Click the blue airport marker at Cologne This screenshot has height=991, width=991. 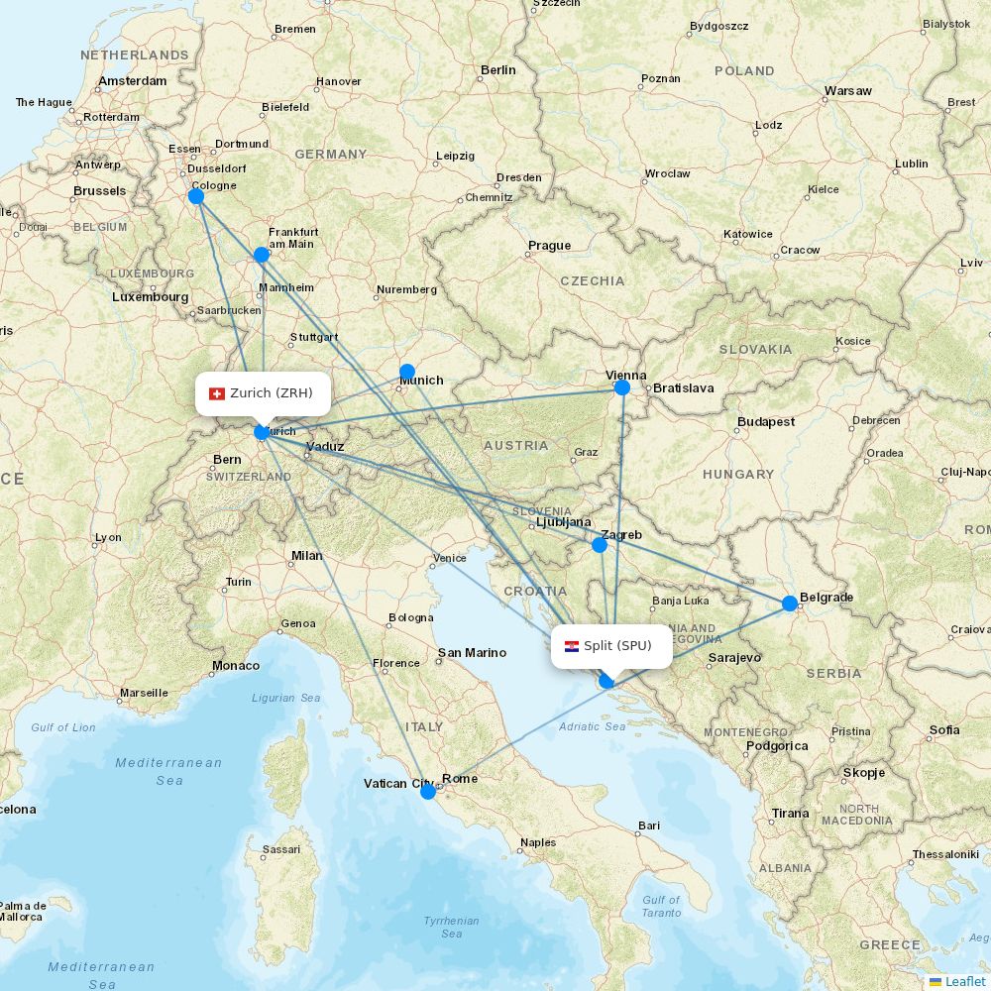click(x=196, y=196)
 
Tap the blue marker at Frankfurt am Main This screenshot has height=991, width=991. click(x=262, y=255)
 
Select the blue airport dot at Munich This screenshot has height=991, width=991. click(x=407, y=372)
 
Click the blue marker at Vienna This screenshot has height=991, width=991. click(x=622, y=387)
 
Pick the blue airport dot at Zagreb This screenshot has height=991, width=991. click(x=600, y=545)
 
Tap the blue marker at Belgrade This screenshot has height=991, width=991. click(x=790, y=604)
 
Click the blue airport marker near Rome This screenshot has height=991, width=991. click(x=428, y=792)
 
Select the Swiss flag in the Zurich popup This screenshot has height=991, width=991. click(x=217, y=393)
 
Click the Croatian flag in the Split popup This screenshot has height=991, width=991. click(x=572, y=646)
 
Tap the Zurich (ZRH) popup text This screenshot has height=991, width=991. click(x=272, y=393)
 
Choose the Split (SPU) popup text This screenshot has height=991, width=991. click(x=617, y=646)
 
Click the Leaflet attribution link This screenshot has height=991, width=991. click(x=964, y=981)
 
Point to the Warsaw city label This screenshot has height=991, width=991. click(x=847, y=91)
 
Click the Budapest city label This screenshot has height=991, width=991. click(x=765, y=422)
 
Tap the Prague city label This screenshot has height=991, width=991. click(x=549, y=246)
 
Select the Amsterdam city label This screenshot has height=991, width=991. click(x=133, y=81)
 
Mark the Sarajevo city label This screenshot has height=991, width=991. click(x=734, y=658)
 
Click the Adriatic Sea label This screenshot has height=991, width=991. click(x=593, y=726)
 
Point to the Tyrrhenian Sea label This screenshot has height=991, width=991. click(x=452, y=927)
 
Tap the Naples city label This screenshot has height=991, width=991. click(x=538, y=843)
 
